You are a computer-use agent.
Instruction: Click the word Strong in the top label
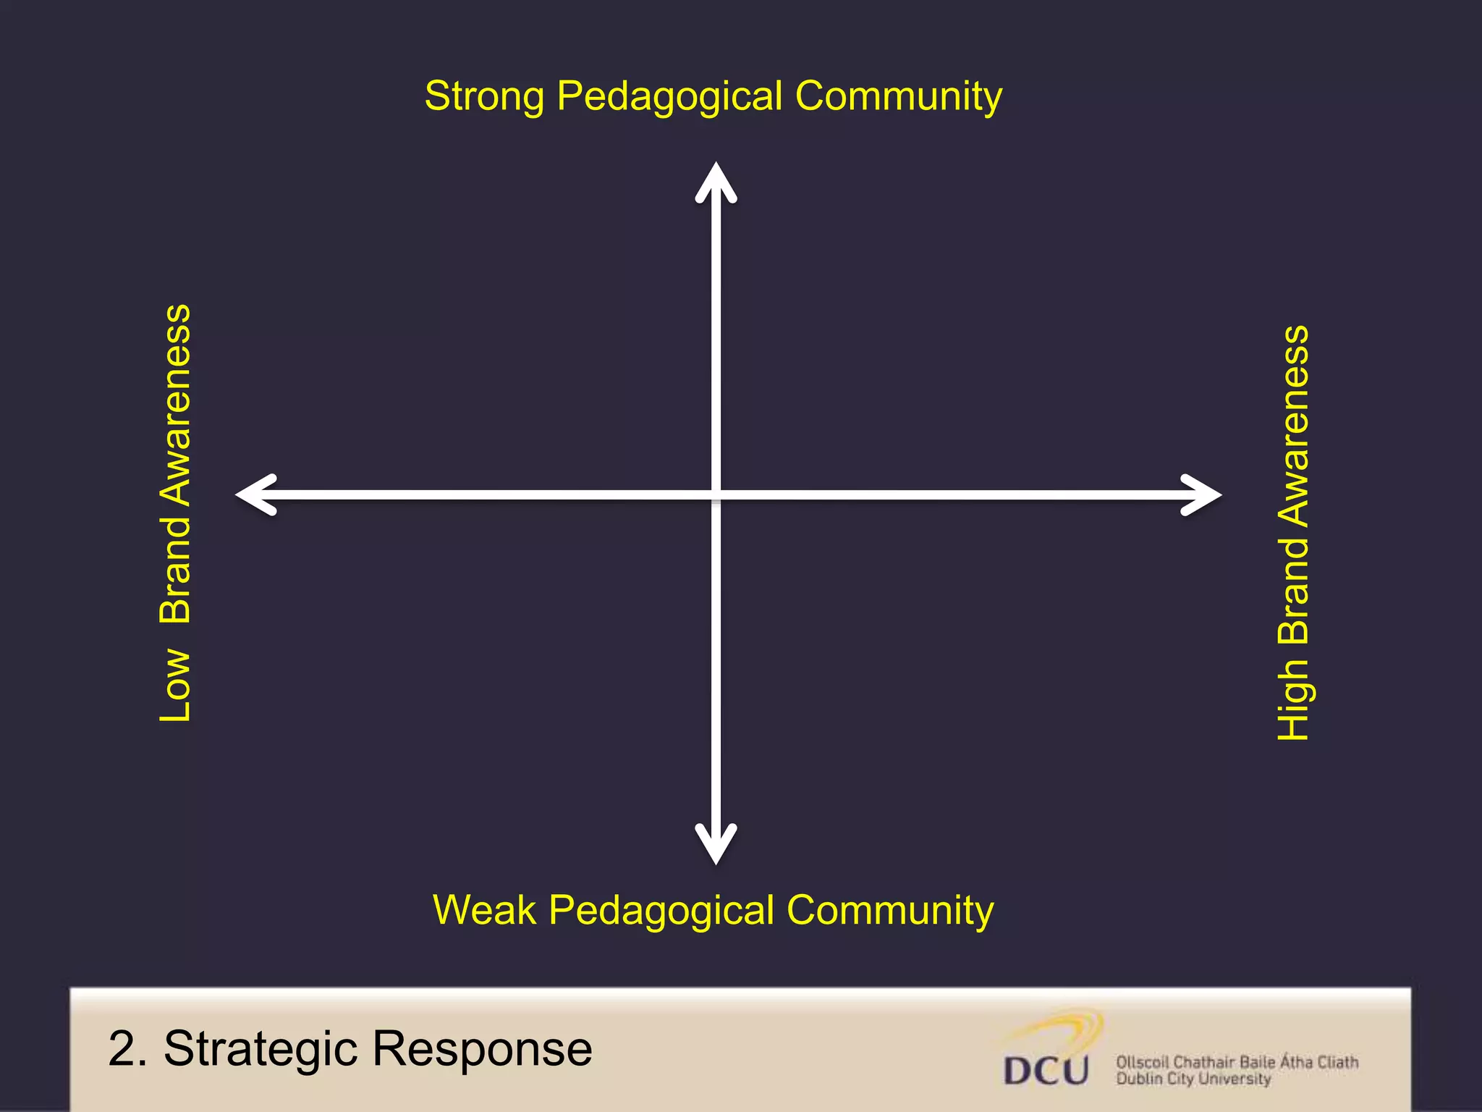click(483, 97)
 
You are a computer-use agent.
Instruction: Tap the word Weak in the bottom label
click(484, 910)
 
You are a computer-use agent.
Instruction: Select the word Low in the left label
click(175, 685)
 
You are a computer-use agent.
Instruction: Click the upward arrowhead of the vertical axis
click(716, 181)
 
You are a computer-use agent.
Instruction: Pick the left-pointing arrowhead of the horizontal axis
click(255, 495)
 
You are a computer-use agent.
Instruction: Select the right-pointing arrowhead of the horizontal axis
click(1201, 495)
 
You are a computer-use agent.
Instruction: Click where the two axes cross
click(716, 495)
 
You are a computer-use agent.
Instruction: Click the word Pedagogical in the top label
click(669, 97)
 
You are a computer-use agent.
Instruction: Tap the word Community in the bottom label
click(890, 910)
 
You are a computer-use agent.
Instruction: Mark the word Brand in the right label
click(1294, 591)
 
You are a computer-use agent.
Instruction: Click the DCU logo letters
click(1046, 1071)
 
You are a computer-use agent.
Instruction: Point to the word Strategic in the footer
click(261, 1049)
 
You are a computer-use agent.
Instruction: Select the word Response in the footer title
click(482, 1049)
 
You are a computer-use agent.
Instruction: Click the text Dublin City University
click(1193, 1079)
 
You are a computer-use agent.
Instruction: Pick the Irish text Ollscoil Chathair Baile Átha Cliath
click(1237, 1062)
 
